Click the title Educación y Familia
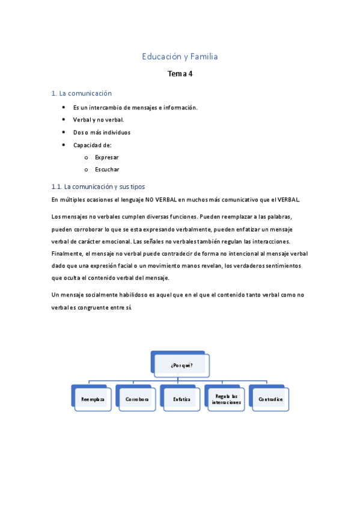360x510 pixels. (180, 57)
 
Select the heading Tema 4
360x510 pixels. (180, 75)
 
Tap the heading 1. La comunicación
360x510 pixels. (82, 93)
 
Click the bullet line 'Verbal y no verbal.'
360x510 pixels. (98, 120)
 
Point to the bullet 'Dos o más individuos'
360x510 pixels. (102, 132)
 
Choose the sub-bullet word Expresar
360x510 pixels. (107, 157)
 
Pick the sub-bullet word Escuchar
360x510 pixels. (107, 170)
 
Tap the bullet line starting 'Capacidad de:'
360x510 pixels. (93, 145)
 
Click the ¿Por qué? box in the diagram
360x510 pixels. (181, 365)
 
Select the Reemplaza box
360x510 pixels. (93, 399)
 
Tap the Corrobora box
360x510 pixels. (137, 399)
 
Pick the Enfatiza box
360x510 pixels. (182, 399)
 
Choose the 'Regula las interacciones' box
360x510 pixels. (226, 399)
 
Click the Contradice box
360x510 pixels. (270, 399)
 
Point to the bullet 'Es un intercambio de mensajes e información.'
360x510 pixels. (135, 107)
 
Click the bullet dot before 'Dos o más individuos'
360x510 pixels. (64, 132)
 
